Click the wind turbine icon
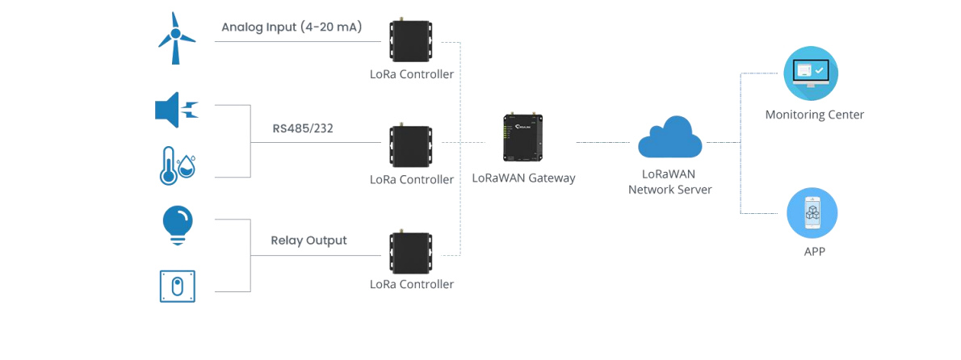pyautogui.click(x=176, y=38)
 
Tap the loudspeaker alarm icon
pyautogui.click(x=177, y=111)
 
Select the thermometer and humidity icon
pyautogui.click(x=178, y=165)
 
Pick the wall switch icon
pyautogui.click(x=177, y=286)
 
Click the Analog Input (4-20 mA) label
pyautogui.click(x=292, y=27)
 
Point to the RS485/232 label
pyautogui.click(x=303, y=128)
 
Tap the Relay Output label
pyautogui.click(x=308, y=241)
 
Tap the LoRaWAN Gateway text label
pyautogui.click(x=524, y=178)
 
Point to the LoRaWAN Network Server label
pyautogui.click(x=670, y=182)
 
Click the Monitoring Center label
pyautogui.click(x=815, y=115)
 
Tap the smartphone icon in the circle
pyautogui.click(x=812, y=213)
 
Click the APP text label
pyautogui.click(x=815, y=252)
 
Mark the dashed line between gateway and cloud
pyautogui.click(x=603, y=142)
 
